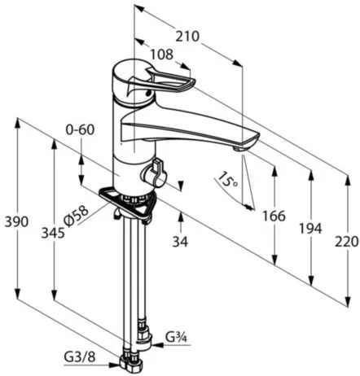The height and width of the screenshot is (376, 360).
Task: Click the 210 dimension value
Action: pyautogui.click(x=187, y=37)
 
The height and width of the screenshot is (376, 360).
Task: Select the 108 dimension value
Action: pyautogui.click(x=162, y=55)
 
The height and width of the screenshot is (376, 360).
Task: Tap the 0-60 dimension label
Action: pyautogui.click(x=80, y=129)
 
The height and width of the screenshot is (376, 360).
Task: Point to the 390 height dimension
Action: pyautogui.click(x=16, y=222)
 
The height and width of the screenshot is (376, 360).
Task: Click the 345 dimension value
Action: pyautogui.click(x=53, y=233)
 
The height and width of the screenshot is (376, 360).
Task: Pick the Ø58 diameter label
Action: pyautogui.click(x=77, y=216)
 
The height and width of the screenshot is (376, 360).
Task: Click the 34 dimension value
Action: pyautogui.click(x=180, y=242)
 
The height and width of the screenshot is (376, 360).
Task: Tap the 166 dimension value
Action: pyautogui.click(x=274, y=216)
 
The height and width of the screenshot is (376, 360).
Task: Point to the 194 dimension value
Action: pyautogui.click(x=310, y=228)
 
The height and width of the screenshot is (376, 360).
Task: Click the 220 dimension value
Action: pyautogui.click(x=347, y=242)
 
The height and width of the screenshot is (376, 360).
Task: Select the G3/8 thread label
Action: pyautogui.click(x=80, y=357)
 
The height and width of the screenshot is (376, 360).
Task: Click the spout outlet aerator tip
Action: pyautogui.click(x=239, y=149)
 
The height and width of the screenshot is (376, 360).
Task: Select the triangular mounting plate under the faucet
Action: pyautogui.click(x=128, y=202)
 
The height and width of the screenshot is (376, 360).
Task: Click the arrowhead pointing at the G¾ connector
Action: pyautogui.click(x=157, y=345)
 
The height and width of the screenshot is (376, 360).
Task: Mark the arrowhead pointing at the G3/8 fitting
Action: pyautogui.click(x=114, y=365)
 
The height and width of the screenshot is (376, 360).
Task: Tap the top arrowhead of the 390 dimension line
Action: pyautogui.click(x=18, y=124)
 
